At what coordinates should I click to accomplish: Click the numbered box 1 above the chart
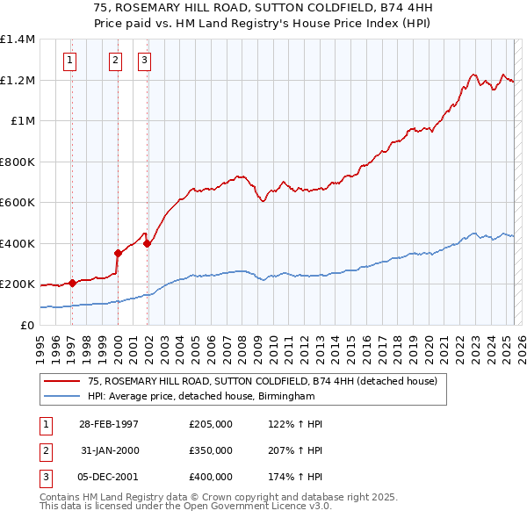coord(69,61)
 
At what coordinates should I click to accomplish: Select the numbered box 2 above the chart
coord(115,61)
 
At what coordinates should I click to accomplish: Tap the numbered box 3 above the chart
coord(144,61)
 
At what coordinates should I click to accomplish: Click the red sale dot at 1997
coord(72,283)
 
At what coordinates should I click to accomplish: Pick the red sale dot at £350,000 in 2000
coord(118,253)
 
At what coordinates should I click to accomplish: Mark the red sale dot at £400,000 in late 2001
coord(147,243)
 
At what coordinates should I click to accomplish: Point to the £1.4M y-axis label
coord(18,40)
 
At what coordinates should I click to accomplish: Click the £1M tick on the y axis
coord(24,121)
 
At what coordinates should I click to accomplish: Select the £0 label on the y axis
coord(27,325)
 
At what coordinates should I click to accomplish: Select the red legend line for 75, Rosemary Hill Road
coord(61,381)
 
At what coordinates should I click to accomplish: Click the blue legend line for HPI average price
coord(61,397)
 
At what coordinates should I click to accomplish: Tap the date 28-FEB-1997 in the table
coord(109,424)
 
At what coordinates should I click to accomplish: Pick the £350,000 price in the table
coord(211,450)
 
